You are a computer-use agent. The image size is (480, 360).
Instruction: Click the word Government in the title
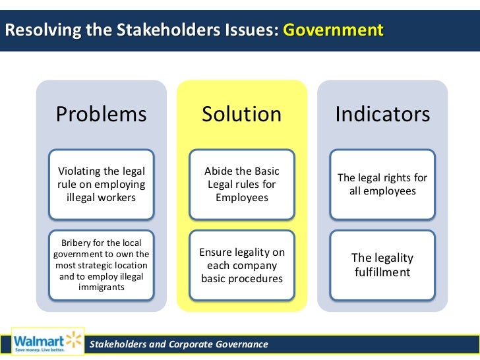point(333,30)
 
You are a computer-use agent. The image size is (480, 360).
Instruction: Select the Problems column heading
point(101,115)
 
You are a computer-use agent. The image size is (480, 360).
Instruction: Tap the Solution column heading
point(241,115)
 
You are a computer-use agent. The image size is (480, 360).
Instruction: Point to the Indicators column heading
point(382,115)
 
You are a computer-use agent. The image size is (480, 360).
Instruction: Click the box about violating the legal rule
point(101,185)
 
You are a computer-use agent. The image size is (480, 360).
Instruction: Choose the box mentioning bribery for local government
point(101,265)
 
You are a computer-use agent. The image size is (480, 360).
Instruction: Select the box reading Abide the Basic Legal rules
point(241,185)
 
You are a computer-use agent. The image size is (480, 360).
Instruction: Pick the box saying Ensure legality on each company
point(241,265)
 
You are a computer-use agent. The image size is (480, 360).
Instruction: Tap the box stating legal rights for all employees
point(382,185)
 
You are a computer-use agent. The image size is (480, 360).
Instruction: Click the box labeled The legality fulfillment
point(382,265)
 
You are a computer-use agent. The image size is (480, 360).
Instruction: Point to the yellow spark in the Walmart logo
point(72,339)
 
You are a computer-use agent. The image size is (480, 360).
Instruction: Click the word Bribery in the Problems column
point(77,243)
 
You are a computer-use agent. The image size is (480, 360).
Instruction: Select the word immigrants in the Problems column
point(101,288)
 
